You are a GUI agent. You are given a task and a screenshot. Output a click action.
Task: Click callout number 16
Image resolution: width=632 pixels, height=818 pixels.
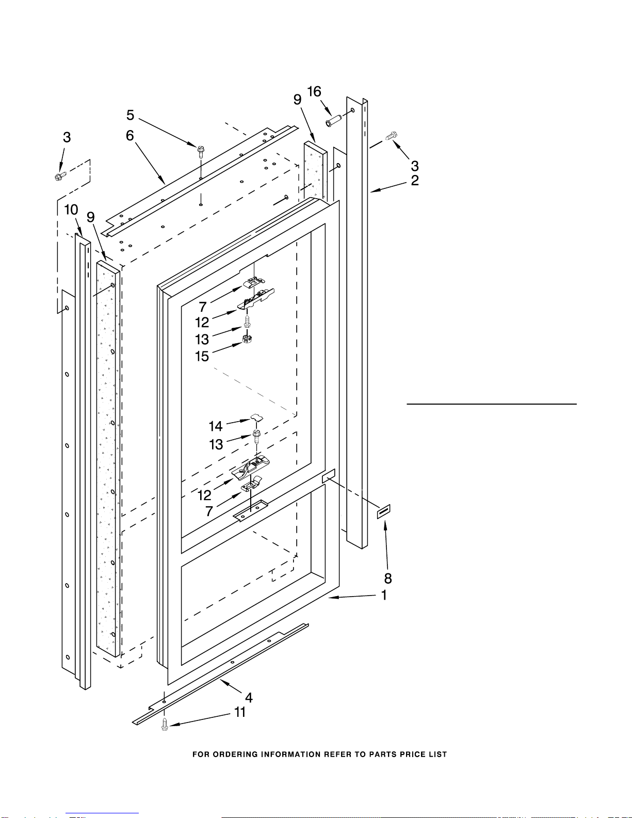[x=314, y=92]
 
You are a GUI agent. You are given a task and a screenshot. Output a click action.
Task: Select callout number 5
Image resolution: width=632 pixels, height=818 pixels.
[x=131, y=115]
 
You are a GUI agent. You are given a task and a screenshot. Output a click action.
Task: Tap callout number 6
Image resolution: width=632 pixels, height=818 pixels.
[x=130, y=135]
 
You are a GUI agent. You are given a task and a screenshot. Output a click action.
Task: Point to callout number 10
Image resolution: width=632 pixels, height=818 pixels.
[x=71, y=210]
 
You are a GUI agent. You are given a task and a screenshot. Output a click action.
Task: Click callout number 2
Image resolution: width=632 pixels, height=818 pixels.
[x=415, y=180]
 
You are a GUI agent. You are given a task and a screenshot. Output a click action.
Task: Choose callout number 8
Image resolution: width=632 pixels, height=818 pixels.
[x=388, y=579]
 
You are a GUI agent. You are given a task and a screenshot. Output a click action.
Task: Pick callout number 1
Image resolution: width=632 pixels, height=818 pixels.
[x=384, y=595]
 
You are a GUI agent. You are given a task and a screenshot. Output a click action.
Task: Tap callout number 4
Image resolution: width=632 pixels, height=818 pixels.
[x=249, y=698]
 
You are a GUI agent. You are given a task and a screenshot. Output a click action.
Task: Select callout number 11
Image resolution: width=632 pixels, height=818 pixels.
[x=240, y=712]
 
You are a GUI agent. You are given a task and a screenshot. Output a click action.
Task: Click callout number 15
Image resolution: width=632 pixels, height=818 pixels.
[x=202, y=356]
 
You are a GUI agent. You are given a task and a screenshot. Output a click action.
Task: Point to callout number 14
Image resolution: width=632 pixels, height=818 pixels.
[x=215, y=426]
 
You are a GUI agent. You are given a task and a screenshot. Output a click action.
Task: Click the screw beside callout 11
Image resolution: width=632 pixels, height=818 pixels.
[x=165, y=724]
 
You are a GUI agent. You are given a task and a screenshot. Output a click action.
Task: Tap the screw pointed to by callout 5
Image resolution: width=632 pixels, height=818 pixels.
[x=200, y=150]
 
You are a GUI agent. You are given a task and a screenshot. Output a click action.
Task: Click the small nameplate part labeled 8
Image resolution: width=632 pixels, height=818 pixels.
[x=383, y=511]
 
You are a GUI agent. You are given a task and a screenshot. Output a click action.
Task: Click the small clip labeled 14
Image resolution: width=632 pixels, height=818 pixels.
[x=256, y=416]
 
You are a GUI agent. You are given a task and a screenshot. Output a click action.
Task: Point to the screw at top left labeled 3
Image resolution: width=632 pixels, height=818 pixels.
[x=59, y=177]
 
